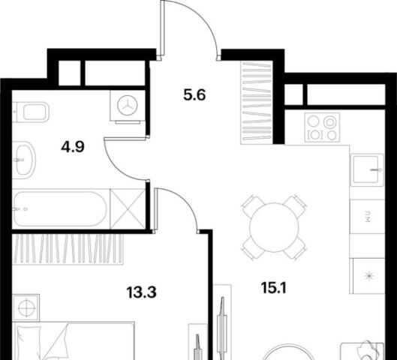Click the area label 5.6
click(x=194, y=95)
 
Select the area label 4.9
click(x=72, y=147)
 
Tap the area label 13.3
click(x=142, y=292)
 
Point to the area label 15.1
click(x=273, y=288)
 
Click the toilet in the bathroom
click(x=31, y=112)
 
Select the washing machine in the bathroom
click(x=128, y=106)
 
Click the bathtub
click(x=61, y=209)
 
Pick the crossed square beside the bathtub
click(x=128, y=209)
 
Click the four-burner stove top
click(x=322, y=127)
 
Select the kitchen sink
click(x=367, y=169)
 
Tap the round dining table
click(x=274, y=227)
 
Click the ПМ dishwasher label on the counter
click(x=367, y=217)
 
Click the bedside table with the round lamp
click(x=26, y=308)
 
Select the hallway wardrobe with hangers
click(x=257, y=102)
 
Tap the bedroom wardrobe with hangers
click(x=68, y=249)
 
